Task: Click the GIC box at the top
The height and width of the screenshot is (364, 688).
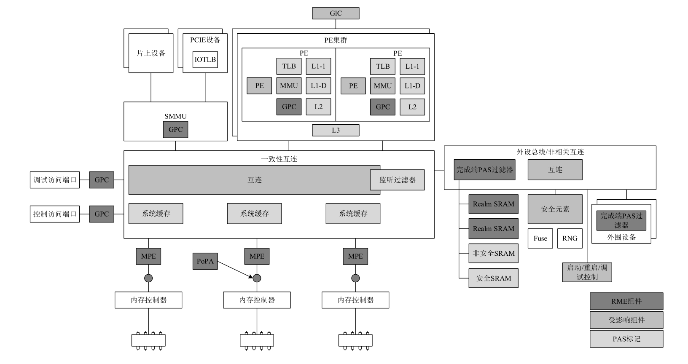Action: [x=336, y=13]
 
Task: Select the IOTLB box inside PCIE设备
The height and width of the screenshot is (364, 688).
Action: [x=205, y=59]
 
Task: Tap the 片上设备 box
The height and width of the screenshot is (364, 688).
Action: [x=151, y=53]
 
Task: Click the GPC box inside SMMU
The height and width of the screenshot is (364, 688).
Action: [x=175, y=130]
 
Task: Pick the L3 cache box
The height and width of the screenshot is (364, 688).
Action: [x=336, y=130]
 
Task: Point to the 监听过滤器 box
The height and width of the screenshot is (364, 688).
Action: [x=397, y=180]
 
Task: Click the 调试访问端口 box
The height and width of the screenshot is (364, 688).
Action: [x=55, y=180]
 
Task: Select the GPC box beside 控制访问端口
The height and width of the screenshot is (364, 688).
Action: [x=102, y=214]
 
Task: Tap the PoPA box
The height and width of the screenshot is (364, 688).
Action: [x=205, y=261]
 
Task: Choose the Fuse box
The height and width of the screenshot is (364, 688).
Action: [x=540, y=238]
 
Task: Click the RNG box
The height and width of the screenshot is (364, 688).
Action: [x=570, y=238]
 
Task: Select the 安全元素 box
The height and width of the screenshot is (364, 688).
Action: [x=555, y=209]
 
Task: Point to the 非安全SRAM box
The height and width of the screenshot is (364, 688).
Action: [x=493, y=254]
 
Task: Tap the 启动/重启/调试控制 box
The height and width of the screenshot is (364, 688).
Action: [x=587, y=272]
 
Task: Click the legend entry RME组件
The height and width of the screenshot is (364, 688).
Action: [x=626, y=301]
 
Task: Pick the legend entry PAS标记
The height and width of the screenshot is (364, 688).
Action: [x=626, y=339]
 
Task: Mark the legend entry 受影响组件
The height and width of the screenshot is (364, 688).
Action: [x=626, y=320]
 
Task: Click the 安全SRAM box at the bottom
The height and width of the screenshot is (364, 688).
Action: [x=493, y=278]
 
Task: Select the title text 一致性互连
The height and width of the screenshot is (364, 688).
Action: [x=279, y=159]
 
